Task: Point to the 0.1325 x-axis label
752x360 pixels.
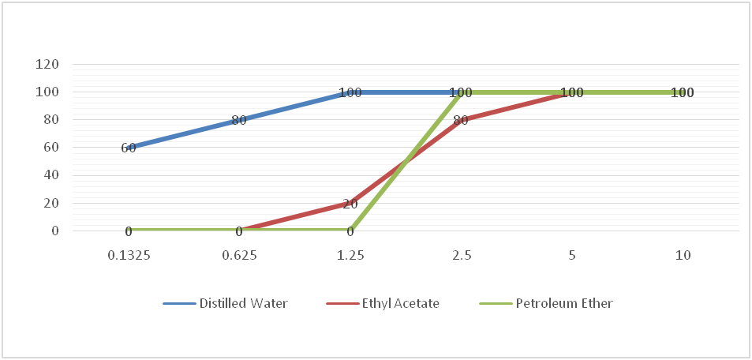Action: (x=128, y=257)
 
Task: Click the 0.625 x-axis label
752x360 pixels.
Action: (x=239, y=257)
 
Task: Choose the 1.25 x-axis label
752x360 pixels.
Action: (x=350, y=257)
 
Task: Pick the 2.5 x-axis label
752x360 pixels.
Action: (x=462, y=257)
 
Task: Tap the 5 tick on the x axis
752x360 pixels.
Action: (x=573, y=257)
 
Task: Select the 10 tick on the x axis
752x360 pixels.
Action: (x=683, y=257)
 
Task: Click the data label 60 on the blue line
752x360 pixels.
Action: (x=129, y=148)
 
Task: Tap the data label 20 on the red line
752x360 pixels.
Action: (x=350, y=204)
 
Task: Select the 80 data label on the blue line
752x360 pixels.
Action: (x=239, y=120)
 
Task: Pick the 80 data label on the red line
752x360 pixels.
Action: (x=461, y=120)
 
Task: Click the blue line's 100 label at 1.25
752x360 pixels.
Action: (x=350, y=92)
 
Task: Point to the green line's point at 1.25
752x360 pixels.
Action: (x=350, y=231)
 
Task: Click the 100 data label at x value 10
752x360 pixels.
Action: (x=683, y=92)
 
